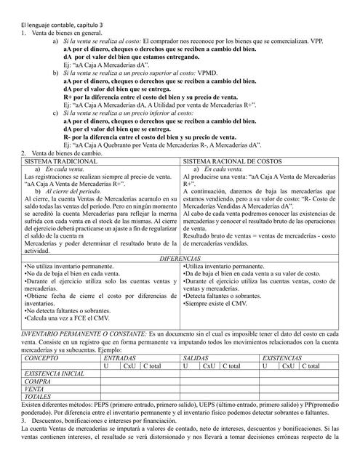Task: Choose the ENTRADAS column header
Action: tap(120, 358)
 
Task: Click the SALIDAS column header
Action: tap(196, 358)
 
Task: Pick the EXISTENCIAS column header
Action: tap(284, 358)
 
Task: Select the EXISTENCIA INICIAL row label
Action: tap(54, 373)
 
